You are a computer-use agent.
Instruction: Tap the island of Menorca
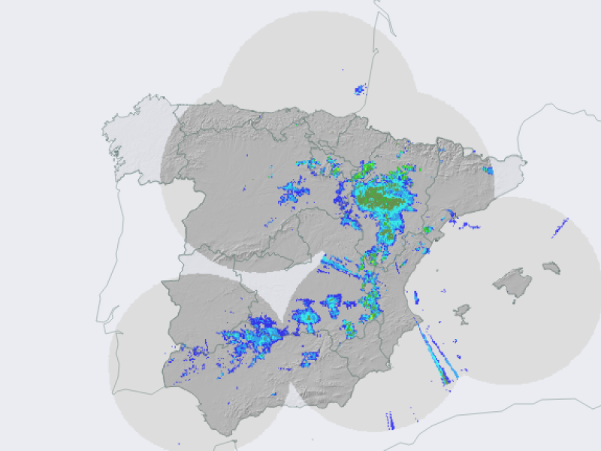(551, 267)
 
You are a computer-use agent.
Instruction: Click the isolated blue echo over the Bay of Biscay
(361, 89)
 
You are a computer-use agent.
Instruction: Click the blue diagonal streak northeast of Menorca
(560, 227)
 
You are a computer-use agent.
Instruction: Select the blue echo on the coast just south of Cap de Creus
(488, 171)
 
